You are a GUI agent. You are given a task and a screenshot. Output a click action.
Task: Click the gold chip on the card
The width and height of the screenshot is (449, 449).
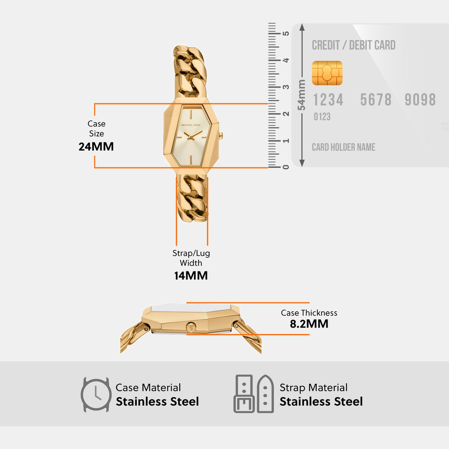pos(327,73)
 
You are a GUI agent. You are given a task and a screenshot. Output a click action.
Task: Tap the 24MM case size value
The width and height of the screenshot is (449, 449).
pos(96,146)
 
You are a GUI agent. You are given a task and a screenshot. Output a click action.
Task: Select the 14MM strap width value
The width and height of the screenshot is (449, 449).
pos(191,275)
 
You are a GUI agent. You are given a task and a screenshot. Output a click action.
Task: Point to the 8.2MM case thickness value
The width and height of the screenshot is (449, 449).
pos(309,324)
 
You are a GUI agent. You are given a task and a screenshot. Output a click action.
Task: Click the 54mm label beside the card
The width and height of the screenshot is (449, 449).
pos(301,95)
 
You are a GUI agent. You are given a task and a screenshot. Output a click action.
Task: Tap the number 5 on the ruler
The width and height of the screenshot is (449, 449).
pos(286,33)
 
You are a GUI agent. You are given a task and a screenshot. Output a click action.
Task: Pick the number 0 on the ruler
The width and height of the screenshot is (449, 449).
pos(286,167)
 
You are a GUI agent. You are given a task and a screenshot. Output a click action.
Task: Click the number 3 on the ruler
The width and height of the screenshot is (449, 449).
pos(286,87)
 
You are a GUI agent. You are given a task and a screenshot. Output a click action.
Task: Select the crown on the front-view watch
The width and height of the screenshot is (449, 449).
pos(221,135)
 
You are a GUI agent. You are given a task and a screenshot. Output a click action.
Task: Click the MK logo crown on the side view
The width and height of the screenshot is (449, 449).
pos(191,328)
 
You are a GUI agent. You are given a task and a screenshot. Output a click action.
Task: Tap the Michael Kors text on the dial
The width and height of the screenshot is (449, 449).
pos(191,125)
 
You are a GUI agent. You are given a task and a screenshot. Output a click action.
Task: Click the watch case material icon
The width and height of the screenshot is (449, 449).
pos(96,395)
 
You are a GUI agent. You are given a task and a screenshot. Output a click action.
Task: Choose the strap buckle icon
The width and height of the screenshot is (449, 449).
pos(244,394)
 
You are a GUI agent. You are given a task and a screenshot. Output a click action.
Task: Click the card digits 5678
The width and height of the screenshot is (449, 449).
pos(376,100)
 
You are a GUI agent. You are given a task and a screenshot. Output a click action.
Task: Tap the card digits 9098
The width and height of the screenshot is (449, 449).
pos(420,100)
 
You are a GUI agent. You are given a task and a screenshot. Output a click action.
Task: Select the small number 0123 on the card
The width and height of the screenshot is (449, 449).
pos(322,117)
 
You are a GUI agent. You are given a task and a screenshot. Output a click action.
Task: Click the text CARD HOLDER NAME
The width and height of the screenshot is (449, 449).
pos(343,147)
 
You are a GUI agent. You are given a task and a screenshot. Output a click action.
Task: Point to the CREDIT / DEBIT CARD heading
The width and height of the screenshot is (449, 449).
pos(354,45)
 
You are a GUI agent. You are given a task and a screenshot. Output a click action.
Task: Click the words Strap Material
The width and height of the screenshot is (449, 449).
pos(314,388)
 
